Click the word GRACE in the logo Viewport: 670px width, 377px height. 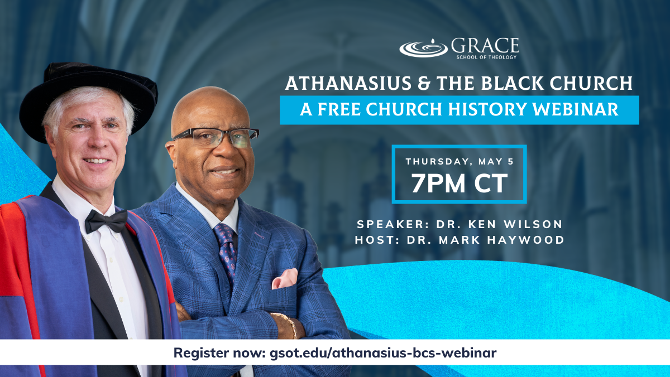[x=485, y=46]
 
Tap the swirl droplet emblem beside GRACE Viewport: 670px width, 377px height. [x=424, y=49]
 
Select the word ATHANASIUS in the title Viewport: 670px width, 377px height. [x=348, y=83]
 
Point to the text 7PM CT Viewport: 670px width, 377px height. [x=460, y=183]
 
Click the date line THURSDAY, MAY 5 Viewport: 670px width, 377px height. [x=460, y=162]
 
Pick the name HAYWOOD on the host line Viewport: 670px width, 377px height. [x=526, y=240]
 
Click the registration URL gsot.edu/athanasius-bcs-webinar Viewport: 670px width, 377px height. [x=383, y=353]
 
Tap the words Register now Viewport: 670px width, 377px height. [x=220, y=353]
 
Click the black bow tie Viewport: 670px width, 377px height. [x=106, y=221]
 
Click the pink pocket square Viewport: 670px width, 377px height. [x=284, y=278]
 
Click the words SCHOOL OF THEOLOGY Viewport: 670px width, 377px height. [x=486, y=57]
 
